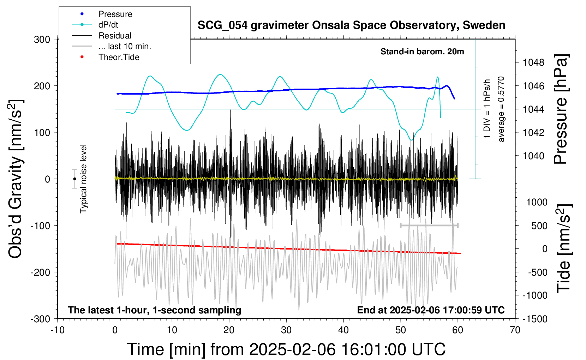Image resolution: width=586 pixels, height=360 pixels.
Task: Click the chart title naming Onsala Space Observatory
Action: click(351, 25)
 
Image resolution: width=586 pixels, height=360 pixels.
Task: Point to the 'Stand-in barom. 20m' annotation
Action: click(422, 52)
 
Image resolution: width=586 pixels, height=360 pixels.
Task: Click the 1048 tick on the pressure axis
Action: click(533, 62)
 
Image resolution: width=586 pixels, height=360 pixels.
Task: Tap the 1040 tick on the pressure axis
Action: click(533, 156)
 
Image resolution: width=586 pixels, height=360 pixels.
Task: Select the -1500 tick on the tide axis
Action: click(535, 319)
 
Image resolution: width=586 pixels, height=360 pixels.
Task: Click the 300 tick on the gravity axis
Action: click(42, 40)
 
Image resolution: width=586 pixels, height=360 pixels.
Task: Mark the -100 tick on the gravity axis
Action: click(40, 226)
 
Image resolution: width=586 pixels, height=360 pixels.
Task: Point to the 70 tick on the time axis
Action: click(515, 330)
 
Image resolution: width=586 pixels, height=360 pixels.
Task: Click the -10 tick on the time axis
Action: click(58, 330)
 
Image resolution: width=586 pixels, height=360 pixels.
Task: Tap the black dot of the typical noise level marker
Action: click(75, 179)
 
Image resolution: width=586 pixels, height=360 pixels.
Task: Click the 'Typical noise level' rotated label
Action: click(83, 179)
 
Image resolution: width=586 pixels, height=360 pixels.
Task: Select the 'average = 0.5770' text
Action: click(501, 109)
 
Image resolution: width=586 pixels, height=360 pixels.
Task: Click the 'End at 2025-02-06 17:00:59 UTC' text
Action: click(431, 310)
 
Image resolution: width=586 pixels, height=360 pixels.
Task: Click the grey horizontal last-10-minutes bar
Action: click(429, 225)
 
